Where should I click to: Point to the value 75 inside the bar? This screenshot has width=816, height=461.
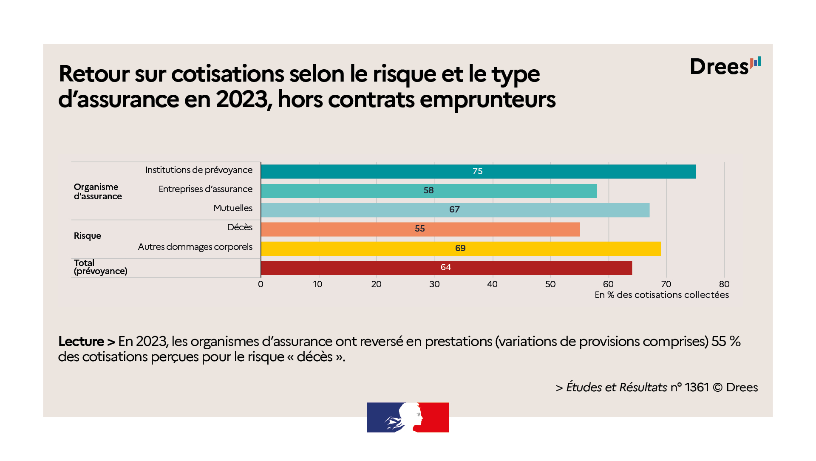pyautogui.click(x=477, y=171)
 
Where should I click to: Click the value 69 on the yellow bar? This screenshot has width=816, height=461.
pyautogui.click(x=460, y=248)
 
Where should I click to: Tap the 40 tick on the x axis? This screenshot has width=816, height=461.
pyautogui.click(x=492, y=284)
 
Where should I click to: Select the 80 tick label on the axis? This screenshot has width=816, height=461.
pyautogui.click(x=724, y=284)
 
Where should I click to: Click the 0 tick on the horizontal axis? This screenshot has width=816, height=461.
pyautogui.click(x=261, y=284)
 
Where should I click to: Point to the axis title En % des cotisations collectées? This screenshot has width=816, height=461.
pyautogui.click(x=661, y=295)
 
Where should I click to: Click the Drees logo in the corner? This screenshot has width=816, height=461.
pyautogui.click(x=725, y=67)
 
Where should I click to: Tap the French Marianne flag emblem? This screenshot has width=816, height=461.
pyautogui.click(x=408, y=417)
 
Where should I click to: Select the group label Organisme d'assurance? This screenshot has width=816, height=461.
pyautogui.click(x=98, y=192)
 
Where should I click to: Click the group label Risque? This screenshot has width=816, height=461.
pyautogui.click(x=88, y=236)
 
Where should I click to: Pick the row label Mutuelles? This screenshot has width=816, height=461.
pyautogui.click(x=233, y=208)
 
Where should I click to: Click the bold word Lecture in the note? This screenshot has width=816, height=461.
pyautogui.click(x=81, y=342)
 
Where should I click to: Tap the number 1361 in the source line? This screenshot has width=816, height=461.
pyautogui.click(x=697, y=387)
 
